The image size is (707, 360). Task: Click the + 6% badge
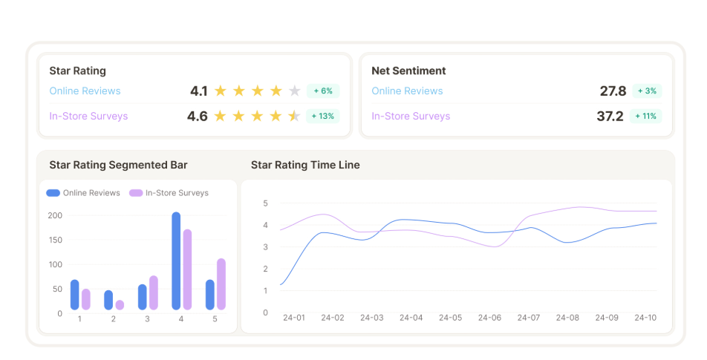(x=323, y=91)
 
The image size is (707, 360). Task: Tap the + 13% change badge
(x=323, y=117)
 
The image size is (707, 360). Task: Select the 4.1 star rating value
(x=199, y=91)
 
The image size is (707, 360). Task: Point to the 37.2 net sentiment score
(x=610, y=117)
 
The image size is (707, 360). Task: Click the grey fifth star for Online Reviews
(x=294, y=91)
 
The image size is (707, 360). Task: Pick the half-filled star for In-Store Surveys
(x=294, y=117)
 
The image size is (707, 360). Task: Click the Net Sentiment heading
(x=408, y=71)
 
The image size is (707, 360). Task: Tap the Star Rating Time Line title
(x=305, y=165)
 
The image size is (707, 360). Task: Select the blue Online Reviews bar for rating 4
(x=176, y=261)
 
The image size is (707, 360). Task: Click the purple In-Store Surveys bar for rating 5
(x=221, y=284)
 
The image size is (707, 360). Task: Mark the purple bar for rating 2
(x=120, y=305)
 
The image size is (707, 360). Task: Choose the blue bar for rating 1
(x=75, y=295)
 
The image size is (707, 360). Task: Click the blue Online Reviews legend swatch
(x=53, y=193)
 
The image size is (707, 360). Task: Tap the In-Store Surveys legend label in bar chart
(x=177, y=193)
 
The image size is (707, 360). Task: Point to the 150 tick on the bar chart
(x=56, y=240)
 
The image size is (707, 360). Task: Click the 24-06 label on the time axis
(x=489, y=318)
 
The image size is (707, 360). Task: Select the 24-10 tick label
(x=645, y=318)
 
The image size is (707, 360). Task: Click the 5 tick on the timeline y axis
(x=266, y=203)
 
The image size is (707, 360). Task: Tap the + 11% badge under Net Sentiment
(x=645, y=117)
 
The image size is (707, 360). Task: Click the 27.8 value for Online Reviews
(x=613, y=91)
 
